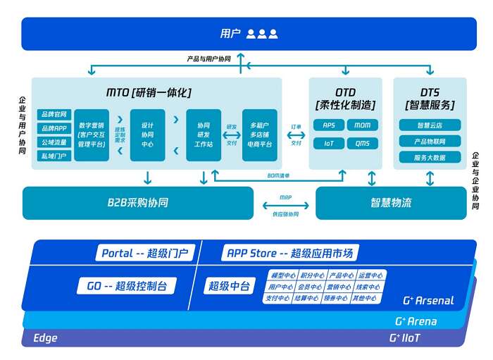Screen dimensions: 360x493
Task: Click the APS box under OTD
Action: coord(329,125)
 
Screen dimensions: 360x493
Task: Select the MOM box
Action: coord(362,125)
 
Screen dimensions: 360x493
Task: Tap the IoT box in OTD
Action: coord(329,143)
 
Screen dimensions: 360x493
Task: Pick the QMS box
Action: coord(362,143)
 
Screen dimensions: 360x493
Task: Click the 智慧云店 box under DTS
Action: coord(430,125)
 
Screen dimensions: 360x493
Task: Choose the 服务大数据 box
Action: coord(430,158)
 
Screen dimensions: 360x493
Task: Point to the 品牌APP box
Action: coord(54,128)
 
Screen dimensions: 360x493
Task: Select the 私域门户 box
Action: coord(54,156)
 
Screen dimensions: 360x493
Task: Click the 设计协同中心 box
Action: coord(147,135)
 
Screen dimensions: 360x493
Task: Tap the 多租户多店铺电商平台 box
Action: coord(259,135)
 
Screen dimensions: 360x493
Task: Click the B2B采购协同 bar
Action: coord(137,203)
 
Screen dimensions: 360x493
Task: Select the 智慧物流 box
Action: coord(391,203)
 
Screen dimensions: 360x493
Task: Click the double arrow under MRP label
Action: coord(285,206)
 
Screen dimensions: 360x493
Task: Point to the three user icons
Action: coord(262,34)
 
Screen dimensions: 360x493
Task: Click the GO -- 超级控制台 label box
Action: coord(126,286)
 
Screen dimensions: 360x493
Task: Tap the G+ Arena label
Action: coord(416,322)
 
